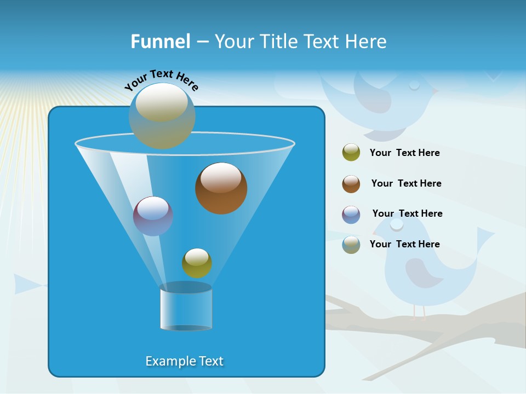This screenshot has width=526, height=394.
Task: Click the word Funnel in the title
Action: pyautogui.click(x=160, y=42)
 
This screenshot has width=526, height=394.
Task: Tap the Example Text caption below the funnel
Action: pyautogui.click(x=185, y=361)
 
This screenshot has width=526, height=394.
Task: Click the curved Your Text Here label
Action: pyautogui.click(x=162, y=80)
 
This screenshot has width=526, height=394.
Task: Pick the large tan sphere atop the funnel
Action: pyautogui.click(x=162, y=115)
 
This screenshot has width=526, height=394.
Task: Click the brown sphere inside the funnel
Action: pyautogui.click(x=221, y=188)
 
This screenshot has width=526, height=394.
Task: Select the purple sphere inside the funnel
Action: pyautogui.click(x=153, y=216)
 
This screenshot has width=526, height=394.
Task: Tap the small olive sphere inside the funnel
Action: pyautogui.click(x=197, y=263)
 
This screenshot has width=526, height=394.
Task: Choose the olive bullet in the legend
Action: pyautogui.click(x=351, y=153)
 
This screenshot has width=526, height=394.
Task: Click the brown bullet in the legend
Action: pyautogui.click(x=351, y=184)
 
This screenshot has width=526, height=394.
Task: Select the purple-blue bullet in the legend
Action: pyautogui.click(x=351, y=215)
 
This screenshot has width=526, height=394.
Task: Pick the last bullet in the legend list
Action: pyautogui.click(x=351, y=245)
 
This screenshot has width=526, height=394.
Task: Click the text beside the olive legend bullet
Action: pyautogui.click(x=404, y=153)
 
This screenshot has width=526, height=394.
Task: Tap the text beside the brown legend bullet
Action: pyautogui.click(x=406, y=183)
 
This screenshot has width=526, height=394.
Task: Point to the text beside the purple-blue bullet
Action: pyautogui.click(x=407, y=213)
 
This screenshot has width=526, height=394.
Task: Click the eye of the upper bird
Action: pyautogui.click(x=414, y=85)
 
